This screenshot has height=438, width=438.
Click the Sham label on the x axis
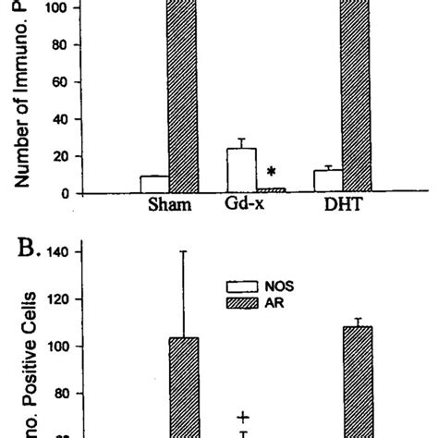(170, 206)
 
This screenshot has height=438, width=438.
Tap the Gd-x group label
(244, 205)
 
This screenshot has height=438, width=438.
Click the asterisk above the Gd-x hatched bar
(271, 172)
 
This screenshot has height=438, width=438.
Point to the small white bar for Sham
(154, 185)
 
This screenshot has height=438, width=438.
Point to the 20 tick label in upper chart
(61, 157)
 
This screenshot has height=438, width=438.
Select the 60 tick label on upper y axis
(61, 82)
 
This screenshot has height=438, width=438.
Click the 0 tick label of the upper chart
(66, 193)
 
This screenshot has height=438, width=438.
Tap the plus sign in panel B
(245, 417)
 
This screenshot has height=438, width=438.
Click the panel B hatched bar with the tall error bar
(185, 388)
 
